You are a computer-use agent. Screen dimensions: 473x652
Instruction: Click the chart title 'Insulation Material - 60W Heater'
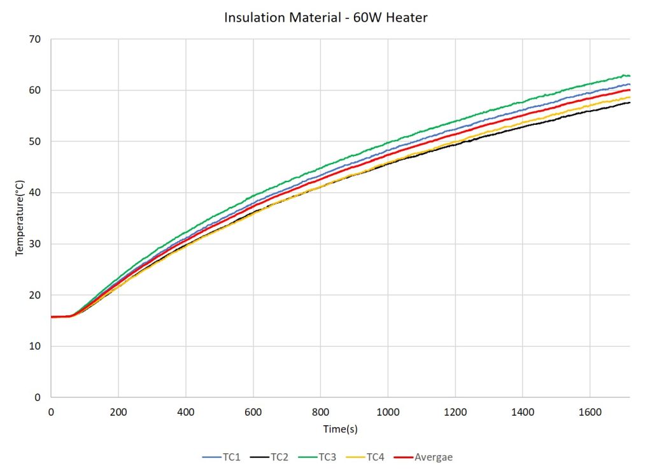tap(325, 18)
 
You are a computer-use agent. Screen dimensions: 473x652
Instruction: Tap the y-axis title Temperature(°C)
tap(20, 218)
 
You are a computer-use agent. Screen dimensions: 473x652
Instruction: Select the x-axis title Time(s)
tap(340, 429)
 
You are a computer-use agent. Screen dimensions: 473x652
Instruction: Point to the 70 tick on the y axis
tap(35, 39)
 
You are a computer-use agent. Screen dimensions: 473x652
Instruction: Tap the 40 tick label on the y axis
tap(35, 193)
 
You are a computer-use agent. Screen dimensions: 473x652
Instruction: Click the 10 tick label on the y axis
tap(35, 346)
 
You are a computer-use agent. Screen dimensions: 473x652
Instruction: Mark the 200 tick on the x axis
tap(118, 412)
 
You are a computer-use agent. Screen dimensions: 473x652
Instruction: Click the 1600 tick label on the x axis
tap(590, 412)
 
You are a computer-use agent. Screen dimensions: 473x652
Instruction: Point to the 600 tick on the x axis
tap(253, 412)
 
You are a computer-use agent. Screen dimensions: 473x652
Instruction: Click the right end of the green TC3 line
tap(630, 76)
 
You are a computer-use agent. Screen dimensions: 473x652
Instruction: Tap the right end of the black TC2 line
tap(630, 102)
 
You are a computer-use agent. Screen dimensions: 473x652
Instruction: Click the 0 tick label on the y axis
tap(38, 397)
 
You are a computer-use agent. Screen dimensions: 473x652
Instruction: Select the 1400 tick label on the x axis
tap(522, 412)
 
